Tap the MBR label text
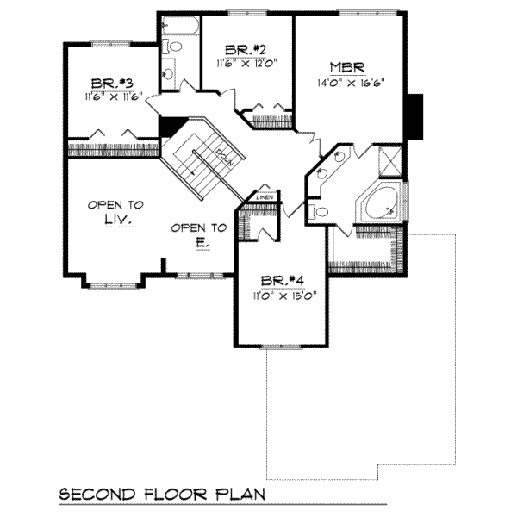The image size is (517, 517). (349, 67)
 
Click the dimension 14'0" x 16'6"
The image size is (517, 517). (349, 84)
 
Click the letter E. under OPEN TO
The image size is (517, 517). (199, 244)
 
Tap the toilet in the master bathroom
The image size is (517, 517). (321, 210)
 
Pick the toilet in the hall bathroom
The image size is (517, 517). (171, 47)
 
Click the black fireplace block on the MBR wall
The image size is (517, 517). (415, 115)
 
